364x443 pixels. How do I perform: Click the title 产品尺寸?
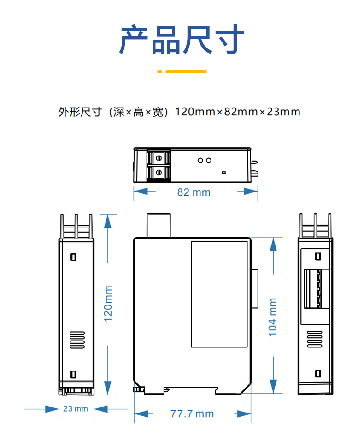[182, 40]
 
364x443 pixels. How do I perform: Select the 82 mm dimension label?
[194, 192]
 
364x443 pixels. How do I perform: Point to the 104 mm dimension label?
[273, 317]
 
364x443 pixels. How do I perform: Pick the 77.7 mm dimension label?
[192, 413]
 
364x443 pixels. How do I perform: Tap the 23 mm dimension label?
[76, 409]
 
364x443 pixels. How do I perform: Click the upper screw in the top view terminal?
[159, 158]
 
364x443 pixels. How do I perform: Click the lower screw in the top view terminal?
[159, 173]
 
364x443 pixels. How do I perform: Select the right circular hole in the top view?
[209, 160]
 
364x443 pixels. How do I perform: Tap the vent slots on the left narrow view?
[77, 340]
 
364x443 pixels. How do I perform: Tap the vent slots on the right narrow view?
[316, 340]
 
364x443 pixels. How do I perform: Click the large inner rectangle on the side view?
[219, 294]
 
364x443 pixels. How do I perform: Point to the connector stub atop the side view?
[159, 225]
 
